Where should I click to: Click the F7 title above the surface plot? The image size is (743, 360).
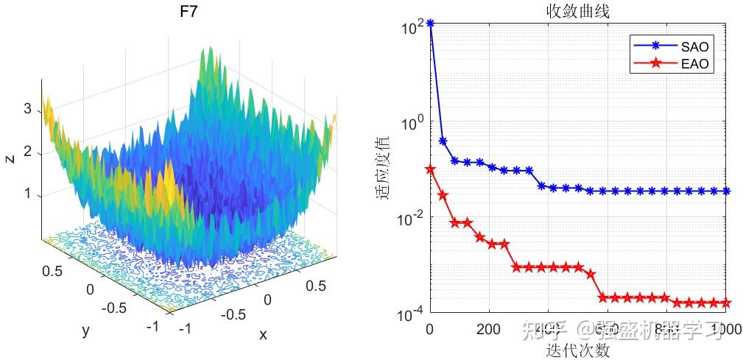(x=189, y=13)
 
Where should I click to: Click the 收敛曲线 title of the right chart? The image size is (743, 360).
(x=577, y=11)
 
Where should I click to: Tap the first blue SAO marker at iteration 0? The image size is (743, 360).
(x=430, y=24)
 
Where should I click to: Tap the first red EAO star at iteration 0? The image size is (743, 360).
(x=430, y=170)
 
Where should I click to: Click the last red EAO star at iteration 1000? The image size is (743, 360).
(x=725, y=303)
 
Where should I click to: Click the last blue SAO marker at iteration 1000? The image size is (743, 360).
(x=725, y=191)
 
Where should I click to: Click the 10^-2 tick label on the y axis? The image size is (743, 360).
(x=412, y=218)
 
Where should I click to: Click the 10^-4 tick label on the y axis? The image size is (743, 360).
(x=412, y=314)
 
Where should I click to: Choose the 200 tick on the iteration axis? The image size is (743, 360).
(x=489, y=328)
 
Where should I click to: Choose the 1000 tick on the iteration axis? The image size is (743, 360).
(x=725, y=328)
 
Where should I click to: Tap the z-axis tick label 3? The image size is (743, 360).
(x=27, y=109)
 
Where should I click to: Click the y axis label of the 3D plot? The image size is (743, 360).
(x=85, y=331)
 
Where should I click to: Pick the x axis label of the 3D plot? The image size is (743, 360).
(x=262, y=335)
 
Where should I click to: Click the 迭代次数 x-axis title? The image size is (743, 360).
(x=577, y=350)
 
